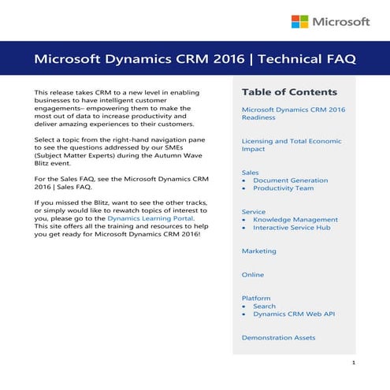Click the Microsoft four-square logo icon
tap(300, 21)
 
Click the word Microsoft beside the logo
tap(341, 21)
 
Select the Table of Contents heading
tap(289, 92)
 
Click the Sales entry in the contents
tap(250, 171)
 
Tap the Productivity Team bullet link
tap(283, 189)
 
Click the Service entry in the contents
tap(254, 211)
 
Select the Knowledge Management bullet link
tap(295, 220)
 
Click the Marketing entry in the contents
tap(258, 251)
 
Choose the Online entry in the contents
tap(253, 275)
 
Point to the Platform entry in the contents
tap(255, 298)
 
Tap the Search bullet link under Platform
tap(264, 306)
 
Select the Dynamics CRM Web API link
tap(294, 314)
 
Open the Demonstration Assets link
tap(278, 337)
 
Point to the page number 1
tap(354, 363)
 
